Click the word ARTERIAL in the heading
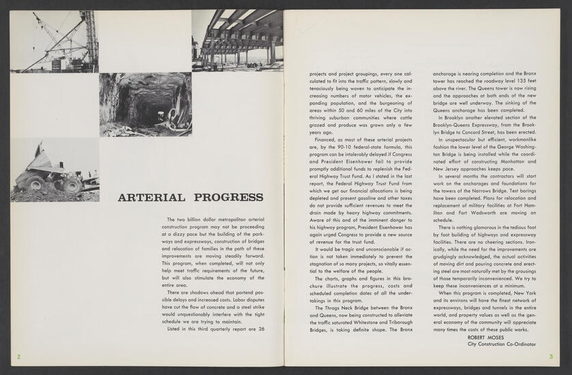[151, 198]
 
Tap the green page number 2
[18, 357]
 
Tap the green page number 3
[550, 357]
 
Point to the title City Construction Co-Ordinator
[502, 344]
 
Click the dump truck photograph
[55, 170]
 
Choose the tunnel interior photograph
[145, 104]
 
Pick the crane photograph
[54, 41]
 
